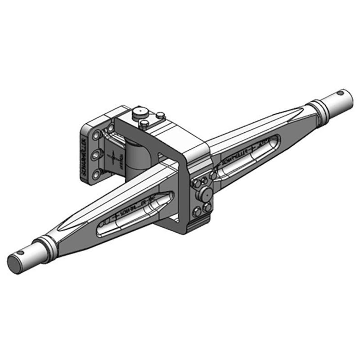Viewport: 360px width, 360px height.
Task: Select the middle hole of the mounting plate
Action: [96, 155]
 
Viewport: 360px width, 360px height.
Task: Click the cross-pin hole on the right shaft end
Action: [341, 94]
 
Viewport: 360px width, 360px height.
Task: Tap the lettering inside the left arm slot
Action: [130, 211]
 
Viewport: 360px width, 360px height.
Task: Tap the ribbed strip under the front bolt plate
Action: [198, 225]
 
